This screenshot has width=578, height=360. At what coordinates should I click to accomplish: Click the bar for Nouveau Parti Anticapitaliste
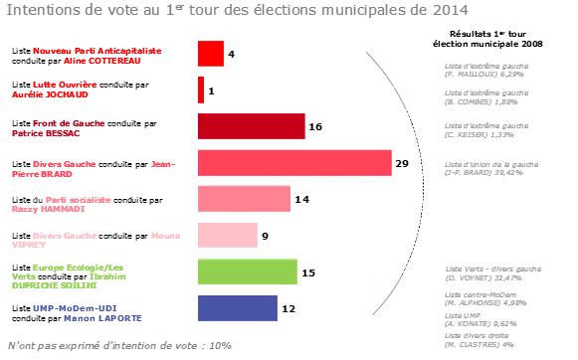210,53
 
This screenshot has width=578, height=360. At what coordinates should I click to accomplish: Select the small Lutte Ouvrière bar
201,90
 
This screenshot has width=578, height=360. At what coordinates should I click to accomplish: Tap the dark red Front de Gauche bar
251,126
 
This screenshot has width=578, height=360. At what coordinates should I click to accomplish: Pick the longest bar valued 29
295,162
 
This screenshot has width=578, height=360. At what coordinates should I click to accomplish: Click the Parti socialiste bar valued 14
245,199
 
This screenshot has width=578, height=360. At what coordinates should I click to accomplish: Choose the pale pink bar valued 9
229,236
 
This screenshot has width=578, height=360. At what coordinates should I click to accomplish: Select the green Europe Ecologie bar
248,271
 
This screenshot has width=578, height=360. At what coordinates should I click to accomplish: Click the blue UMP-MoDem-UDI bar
238,308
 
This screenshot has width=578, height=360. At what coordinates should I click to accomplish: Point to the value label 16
315,127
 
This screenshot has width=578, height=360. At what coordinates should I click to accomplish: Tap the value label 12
289,309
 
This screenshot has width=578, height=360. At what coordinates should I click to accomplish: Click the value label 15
308,272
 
